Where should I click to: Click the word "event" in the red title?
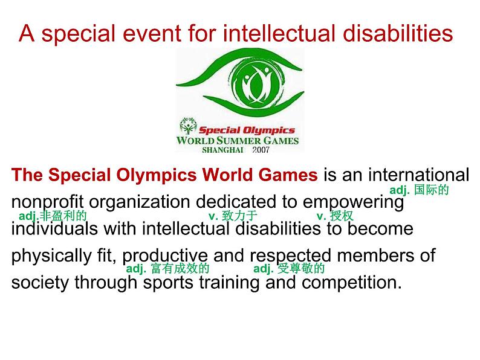click(152, 33)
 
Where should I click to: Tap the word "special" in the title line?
click(79, 34)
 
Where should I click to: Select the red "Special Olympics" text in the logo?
click(247, 130)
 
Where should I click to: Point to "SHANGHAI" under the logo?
click(223, 150)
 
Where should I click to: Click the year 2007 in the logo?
click(261, 150)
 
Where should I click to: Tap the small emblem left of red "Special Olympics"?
click(187, 126)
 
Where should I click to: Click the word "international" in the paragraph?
click(418, 175)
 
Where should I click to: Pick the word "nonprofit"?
click(47, 202)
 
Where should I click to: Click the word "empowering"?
click(353, 202)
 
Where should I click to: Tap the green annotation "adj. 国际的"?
click(419, 190)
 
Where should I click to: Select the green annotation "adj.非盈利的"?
click(53, 216)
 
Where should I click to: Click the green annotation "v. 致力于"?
click(233, 216)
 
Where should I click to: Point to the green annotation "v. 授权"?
click(335, 216)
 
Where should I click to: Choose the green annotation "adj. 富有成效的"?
click(167, 269)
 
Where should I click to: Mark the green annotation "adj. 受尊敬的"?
click(289, 269)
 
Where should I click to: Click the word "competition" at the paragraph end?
click(351, 283)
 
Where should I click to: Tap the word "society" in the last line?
click(40, 283)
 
